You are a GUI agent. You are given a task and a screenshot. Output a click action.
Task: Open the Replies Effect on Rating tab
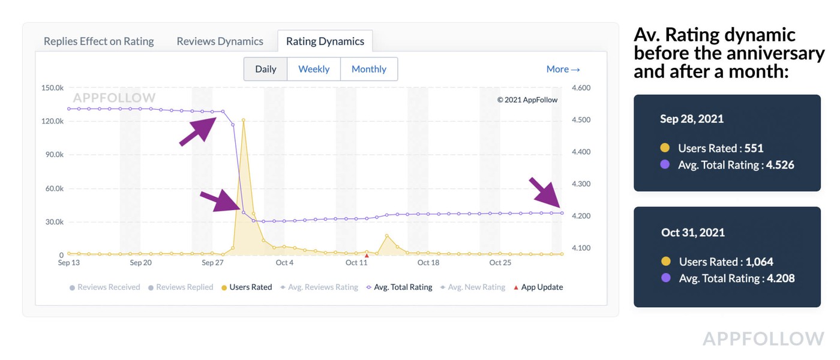(99, 41)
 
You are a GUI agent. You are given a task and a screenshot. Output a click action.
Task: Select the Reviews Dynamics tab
(220, 41)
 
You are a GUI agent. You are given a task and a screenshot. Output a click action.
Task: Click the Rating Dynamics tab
(325, 41)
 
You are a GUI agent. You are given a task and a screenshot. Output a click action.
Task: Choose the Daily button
(265, 69)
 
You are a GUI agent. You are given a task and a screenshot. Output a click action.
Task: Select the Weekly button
(314, 69)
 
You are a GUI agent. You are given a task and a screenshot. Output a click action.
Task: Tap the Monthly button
(368, 69)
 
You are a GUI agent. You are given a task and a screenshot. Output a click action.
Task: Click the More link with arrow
(563, 69)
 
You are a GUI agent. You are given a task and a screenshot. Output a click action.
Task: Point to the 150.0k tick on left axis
(52, 88)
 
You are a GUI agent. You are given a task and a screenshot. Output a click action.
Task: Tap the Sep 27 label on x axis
(212, 263)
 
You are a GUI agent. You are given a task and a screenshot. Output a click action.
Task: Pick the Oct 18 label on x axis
(428, 263)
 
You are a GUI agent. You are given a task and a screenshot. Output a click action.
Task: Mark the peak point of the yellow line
(243, 120)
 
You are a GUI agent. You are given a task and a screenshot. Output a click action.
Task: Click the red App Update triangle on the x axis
(367, 256)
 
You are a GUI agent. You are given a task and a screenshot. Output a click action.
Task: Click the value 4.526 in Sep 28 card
(780, 164)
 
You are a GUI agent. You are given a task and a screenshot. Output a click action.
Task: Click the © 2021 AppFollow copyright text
(527, 100)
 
